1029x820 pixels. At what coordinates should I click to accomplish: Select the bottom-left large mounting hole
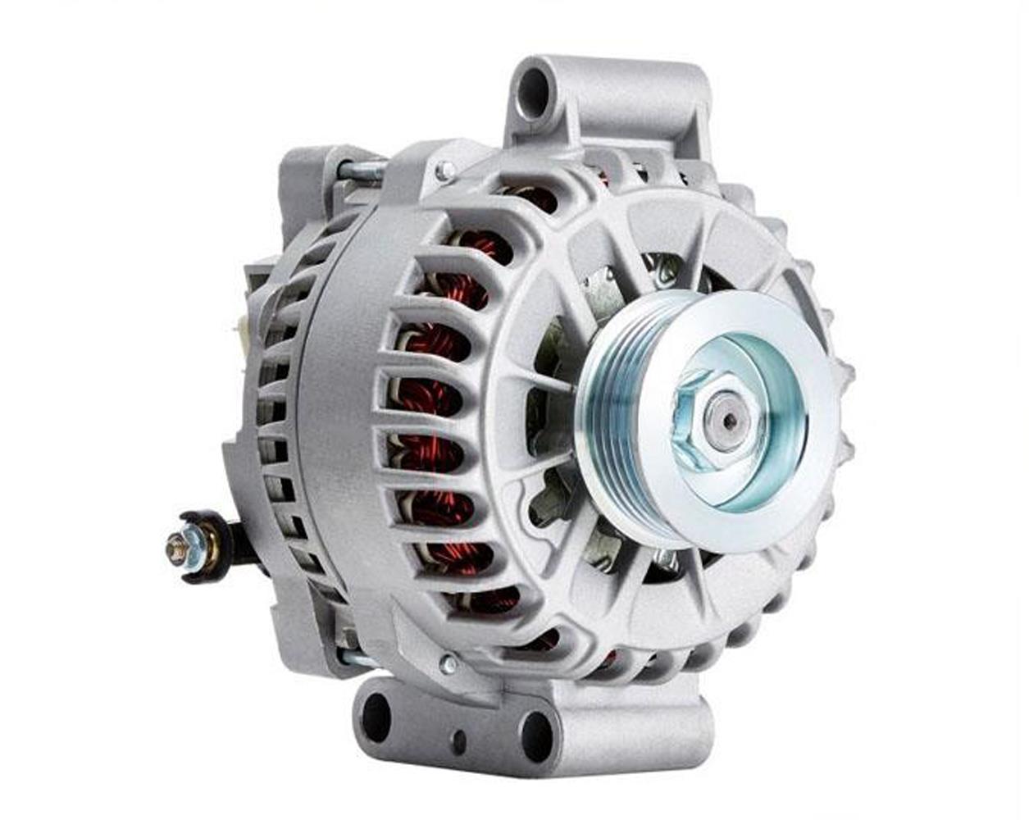[376, 716]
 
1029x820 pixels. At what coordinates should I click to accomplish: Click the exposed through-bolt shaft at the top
[361, 170]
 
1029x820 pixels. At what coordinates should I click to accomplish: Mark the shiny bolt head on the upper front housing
[444, 171]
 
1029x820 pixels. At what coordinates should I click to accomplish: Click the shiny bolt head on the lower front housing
[448, 663]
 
